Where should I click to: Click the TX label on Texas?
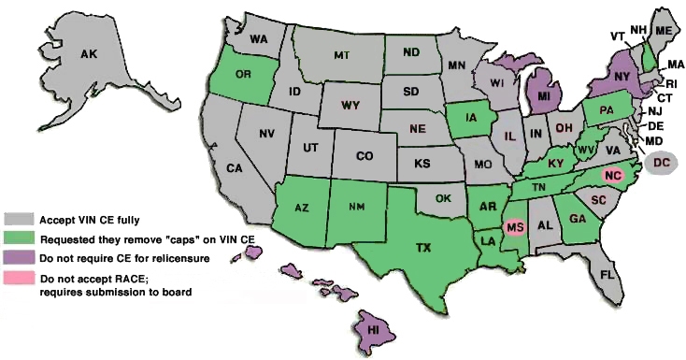tap(423, 248)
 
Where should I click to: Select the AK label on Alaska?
tap(89, 56)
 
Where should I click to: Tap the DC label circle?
tap(663, 163)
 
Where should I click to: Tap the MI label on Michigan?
tap(542, 94)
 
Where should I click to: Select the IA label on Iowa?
tap(466, 118)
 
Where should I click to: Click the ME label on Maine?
tap(664, 31)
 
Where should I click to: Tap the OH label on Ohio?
tap(564, 126)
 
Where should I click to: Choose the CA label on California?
tap(234, 168)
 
